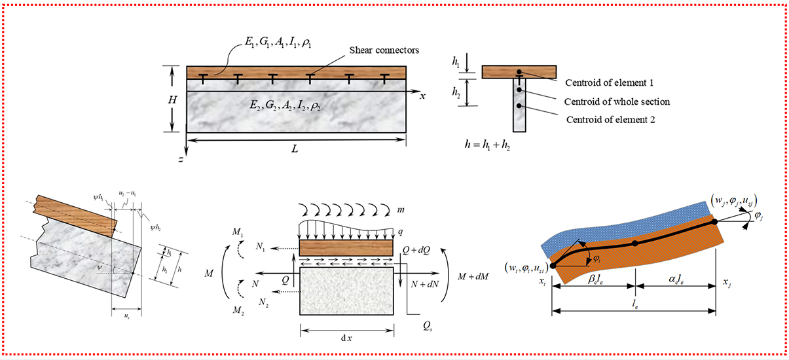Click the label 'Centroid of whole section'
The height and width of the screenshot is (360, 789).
pos(617,101)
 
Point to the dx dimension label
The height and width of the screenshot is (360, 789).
pos(347,338)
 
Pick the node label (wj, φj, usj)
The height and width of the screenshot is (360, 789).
pos(737,198)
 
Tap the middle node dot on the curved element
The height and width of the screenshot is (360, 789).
pos(634,243)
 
